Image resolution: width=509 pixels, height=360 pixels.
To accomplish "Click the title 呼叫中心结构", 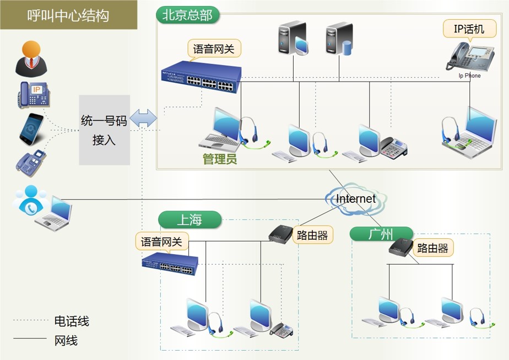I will click(68, 15).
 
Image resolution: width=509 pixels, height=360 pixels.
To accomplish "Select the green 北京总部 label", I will click(187, 15).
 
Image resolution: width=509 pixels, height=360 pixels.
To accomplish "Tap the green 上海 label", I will click(189, 220).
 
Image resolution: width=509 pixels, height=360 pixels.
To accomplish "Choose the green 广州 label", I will click(381, 234).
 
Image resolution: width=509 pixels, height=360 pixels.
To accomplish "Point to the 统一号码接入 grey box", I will click(104, 130).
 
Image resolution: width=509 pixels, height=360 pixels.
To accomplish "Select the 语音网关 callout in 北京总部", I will click(214, 49).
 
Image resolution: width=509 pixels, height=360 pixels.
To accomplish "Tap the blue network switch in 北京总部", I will click(201, 74).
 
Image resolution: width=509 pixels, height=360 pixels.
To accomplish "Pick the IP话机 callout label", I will click(469, 29).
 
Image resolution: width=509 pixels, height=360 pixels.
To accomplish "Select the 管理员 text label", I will click(220, 160).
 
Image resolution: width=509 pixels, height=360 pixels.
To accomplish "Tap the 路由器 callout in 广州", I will click(432, 248).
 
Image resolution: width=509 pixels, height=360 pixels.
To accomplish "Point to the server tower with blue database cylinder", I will click(338, 40).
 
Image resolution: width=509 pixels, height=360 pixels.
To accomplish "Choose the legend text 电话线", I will click(72, 321).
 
